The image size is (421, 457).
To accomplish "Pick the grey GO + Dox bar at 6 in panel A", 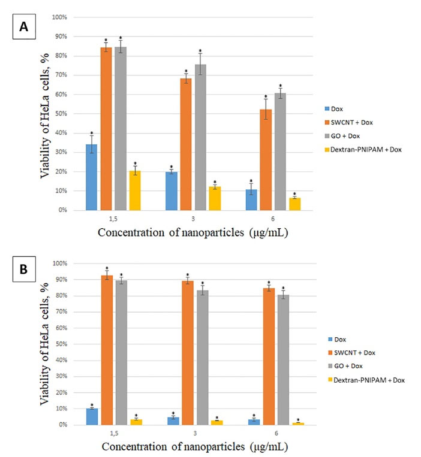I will click(281, 152).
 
